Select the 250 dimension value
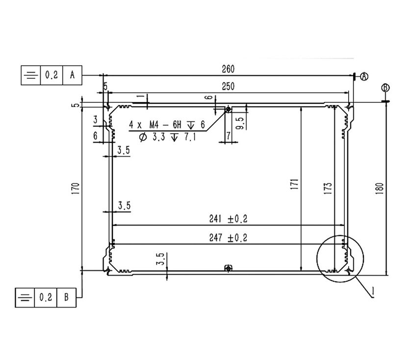point(228,86)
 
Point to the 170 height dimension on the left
point(75,188)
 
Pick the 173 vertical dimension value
point(328,188)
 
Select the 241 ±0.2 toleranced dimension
point(228,218)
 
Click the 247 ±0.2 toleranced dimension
point(228,238)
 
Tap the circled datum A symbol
point(364,76)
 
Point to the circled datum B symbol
point(385,88)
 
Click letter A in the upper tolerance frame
point(73,75)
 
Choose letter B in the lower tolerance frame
point(67,297)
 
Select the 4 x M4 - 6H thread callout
point(167,125)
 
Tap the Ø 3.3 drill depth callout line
point(167,138)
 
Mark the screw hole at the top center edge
point(228,110)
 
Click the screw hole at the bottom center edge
point(228,268)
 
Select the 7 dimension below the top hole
point(229,135)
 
